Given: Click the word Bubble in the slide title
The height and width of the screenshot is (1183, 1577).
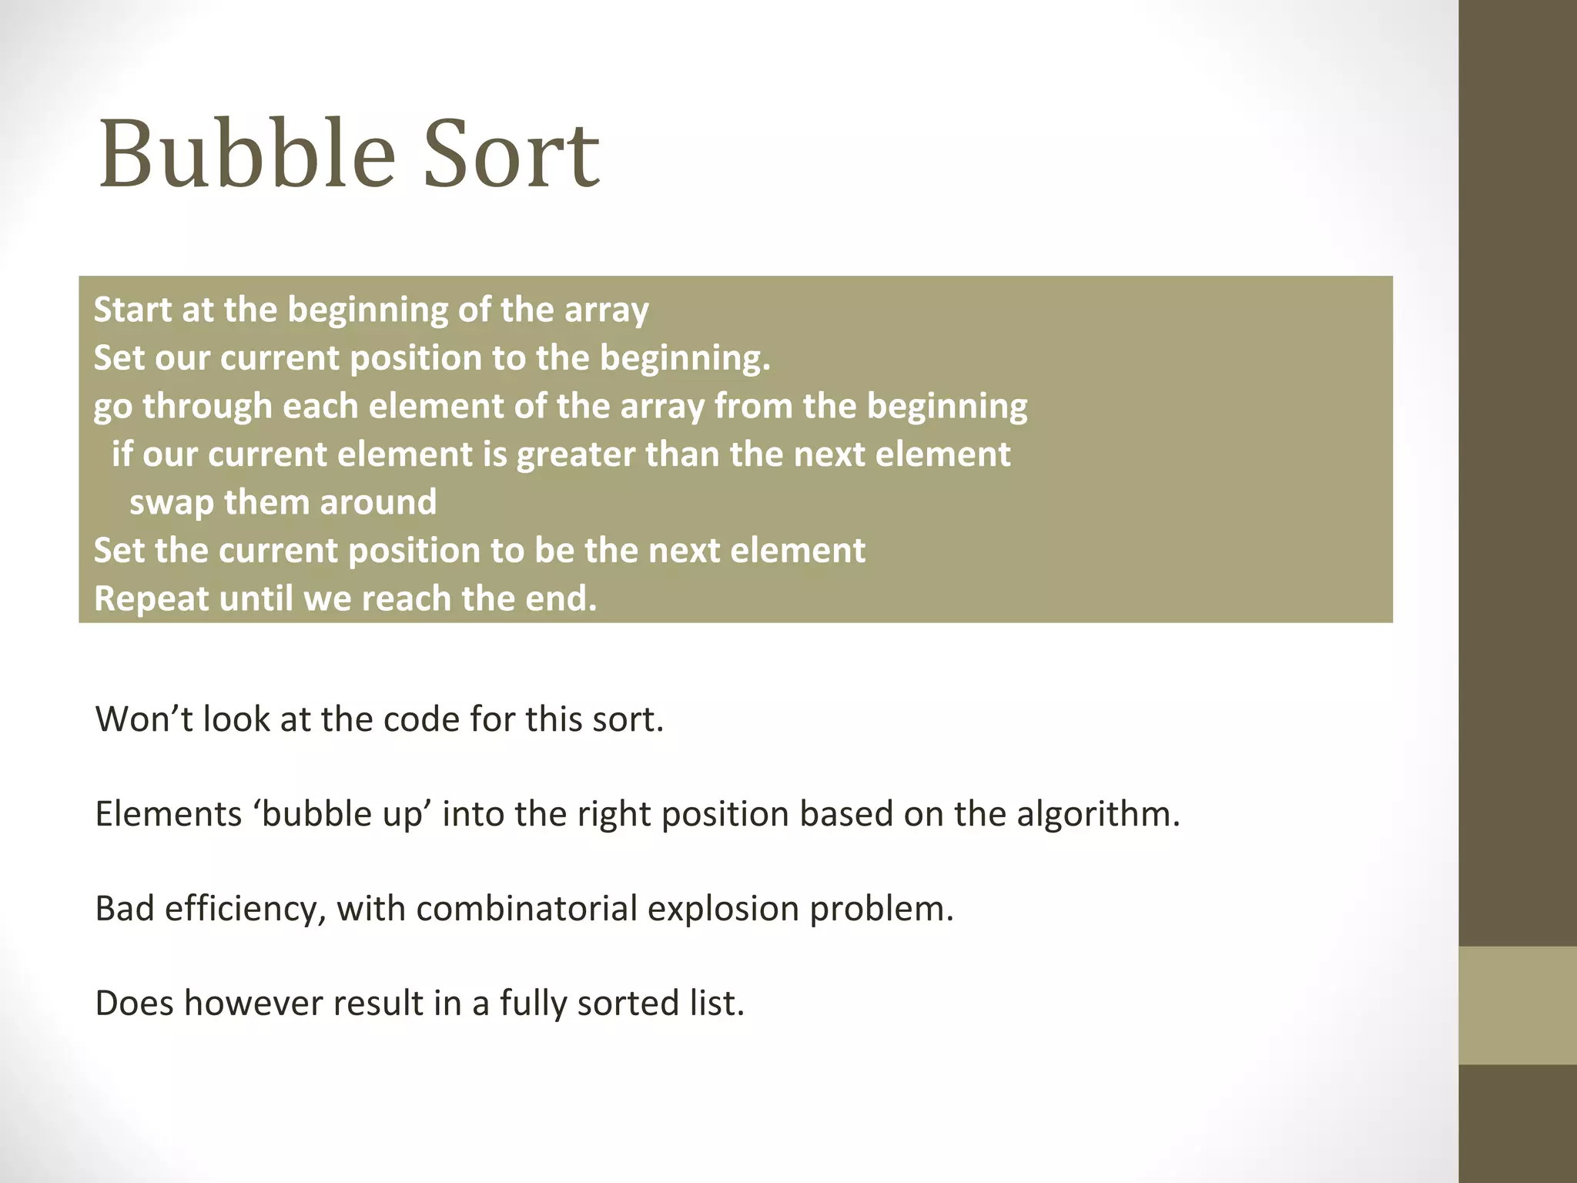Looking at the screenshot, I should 246,154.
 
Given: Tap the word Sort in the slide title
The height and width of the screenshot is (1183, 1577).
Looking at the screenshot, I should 511,154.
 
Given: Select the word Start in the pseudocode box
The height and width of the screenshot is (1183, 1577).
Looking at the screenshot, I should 132,310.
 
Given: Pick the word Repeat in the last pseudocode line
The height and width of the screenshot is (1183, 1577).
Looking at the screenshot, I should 151,598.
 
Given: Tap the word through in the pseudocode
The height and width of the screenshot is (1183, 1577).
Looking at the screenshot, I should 207,407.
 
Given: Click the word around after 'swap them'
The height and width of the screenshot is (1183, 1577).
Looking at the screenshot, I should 378,502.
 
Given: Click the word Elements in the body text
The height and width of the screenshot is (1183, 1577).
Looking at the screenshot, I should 169,814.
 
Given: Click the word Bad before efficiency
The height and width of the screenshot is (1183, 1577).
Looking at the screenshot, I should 125,909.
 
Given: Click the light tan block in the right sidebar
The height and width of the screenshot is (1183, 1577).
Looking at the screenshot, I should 1518,1005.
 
